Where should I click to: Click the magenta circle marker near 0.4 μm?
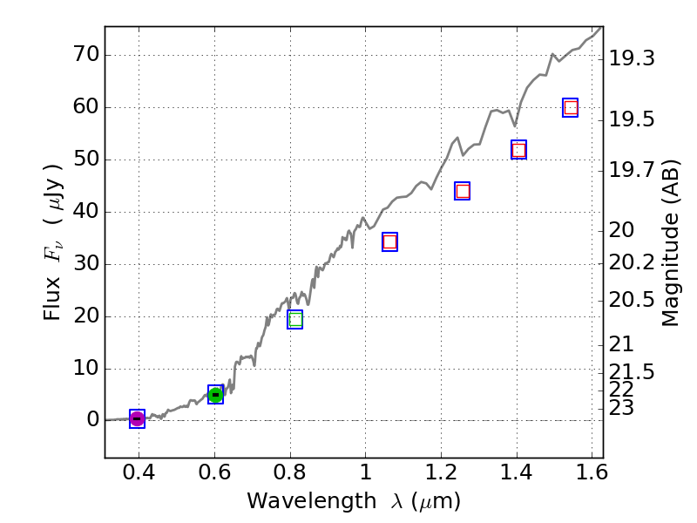click(137, 419)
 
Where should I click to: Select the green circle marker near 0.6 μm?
click(215, 395)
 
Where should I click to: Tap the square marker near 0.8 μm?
click(294, 320)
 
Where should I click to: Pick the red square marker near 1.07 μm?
click(389, 241)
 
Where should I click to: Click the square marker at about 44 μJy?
click(463, 191)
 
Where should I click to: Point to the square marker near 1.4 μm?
click(518, 150)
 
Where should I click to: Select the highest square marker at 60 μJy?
click(571, 108)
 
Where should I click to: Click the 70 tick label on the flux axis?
click(81, 56)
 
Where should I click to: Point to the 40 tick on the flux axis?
click(81, 212)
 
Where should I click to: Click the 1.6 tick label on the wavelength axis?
click(592, 475)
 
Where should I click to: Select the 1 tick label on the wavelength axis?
click(365, 475)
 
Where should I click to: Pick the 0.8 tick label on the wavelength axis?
click(289, 475)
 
